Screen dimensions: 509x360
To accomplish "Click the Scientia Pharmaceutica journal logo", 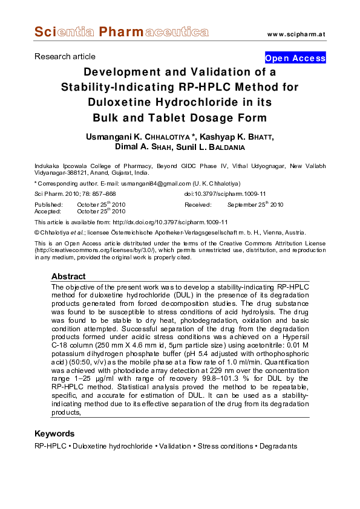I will [x=113, y=31].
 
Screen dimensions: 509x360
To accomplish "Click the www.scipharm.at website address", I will [x=296, y=33].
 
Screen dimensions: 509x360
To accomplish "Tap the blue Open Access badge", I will [x=295, y=58].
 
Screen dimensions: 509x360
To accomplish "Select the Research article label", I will [x=65, y=56].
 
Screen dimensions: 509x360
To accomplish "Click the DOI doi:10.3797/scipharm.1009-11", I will [x=224, y=193].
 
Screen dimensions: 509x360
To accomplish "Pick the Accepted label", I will [x=47, y=212].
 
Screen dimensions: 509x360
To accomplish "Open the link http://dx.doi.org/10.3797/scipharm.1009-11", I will [x=166, y=222].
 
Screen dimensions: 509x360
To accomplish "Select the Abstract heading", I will [x=68, y=276].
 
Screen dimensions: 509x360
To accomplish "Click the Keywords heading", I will [x=54, y=433].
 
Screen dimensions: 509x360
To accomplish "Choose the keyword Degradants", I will [x=278, y=446].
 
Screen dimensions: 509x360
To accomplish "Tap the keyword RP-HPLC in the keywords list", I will [x=50, y=446].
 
